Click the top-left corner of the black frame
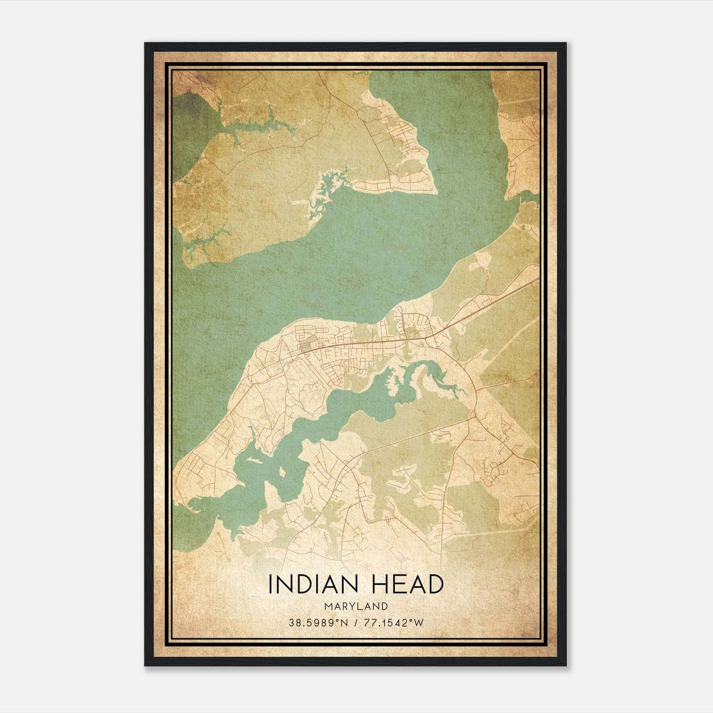coord(145,43)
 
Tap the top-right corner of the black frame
coord(566,43)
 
